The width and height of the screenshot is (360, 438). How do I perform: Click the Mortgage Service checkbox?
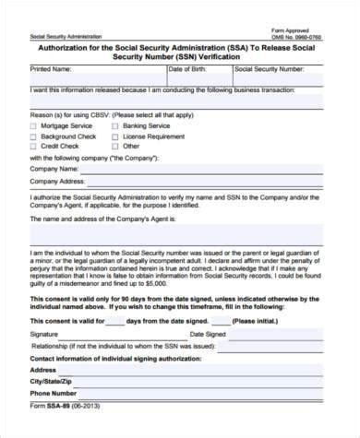coord(34,125)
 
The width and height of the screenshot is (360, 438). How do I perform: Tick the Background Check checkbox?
coord(34,136)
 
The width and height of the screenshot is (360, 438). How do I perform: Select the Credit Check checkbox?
coord(34,146)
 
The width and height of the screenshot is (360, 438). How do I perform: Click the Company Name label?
coord(54,170)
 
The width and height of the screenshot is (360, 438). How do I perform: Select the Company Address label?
coord(58,183)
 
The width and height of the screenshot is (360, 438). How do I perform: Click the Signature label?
coord(43,333)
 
